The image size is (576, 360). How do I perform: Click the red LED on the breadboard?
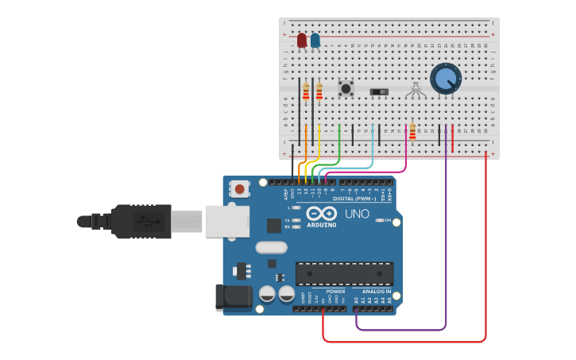(x=302, y=40)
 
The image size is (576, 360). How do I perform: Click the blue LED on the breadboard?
(x=315, y=40)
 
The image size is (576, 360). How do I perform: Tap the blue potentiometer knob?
(x=446, y=78)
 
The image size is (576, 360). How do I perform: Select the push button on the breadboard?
(x=346, y=88)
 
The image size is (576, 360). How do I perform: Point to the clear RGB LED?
(x=415, y=91)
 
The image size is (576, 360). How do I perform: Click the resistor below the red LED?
(x=306, y=92)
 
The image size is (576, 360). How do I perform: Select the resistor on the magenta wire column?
(x=412, y=131)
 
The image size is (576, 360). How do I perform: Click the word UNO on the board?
(x=357, y=214)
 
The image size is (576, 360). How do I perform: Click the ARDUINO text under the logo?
(x=321, y=225)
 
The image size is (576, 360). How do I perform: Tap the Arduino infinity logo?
(x=322, y=213)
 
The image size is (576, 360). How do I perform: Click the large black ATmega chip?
(x=344, y=273)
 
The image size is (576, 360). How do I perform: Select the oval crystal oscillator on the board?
(x=271, y=247)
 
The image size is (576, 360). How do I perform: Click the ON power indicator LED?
(x=380, y=220)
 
